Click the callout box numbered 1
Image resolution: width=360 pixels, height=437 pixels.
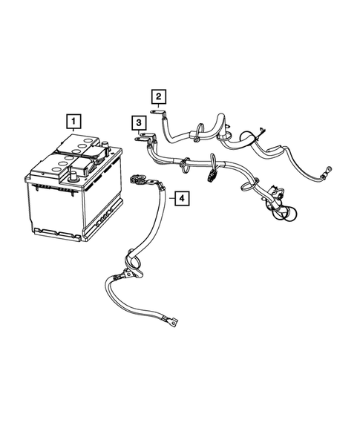[x=72, y=119]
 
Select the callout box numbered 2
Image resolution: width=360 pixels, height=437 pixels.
[x=158, y=96]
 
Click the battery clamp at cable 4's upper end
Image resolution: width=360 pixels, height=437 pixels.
[x=138, y=179]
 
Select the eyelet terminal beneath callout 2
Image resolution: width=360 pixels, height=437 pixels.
[x=160, y=113]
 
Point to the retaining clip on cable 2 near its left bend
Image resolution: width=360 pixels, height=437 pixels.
[x=194, y=137]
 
